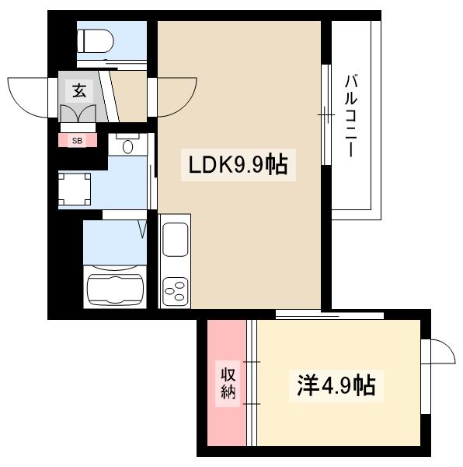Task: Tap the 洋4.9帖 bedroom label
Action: pos(336,384)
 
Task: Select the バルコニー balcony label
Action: pos(351,113)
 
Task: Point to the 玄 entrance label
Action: pos(79,90)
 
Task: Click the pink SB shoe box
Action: pos(78,141)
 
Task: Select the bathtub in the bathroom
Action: pos(115,288)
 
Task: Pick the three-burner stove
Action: pos(174,293)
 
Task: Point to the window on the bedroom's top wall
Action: pos(330,314)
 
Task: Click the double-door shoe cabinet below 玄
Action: pos(80,114)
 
